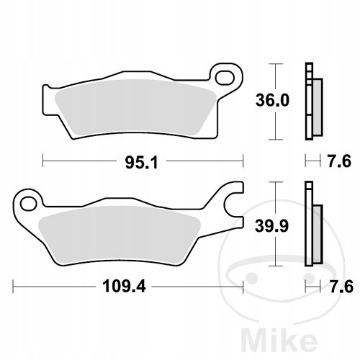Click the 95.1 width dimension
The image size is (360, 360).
click(x=142, y=163)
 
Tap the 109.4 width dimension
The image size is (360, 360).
click(x=124, y=287)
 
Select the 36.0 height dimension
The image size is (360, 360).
click(x=272, y=100)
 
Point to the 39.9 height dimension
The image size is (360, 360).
click(x=271, y=226)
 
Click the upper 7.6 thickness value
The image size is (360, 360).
click(x=339, y=161)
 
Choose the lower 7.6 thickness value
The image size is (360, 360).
click(x=341, y=287)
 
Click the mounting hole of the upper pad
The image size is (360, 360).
click(x=225, y=78)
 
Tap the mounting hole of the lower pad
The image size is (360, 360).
click(x=28, y=204)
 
